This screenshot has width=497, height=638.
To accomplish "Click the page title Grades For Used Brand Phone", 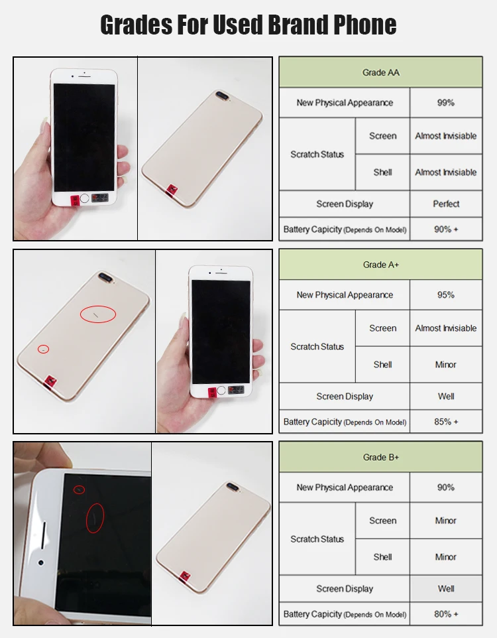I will click(x=248, y=25).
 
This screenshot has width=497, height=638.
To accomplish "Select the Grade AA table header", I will click(x=380, y=72).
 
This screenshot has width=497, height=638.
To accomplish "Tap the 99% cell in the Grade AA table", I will click(x=446, y=103).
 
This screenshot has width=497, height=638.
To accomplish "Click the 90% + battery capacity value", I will click(x=446, y=229).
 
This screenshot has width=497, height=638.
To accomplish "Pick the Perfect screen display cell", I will click(x=446, y=204).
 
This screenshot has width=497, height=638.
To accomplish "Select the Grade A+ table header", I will click(x=380, y=265).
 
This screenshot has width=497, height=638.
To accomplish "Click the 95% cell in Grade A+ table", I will click(x=446, y=295).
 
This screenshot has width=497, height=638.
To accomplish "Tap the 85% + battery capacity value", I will click(x=446, y=422).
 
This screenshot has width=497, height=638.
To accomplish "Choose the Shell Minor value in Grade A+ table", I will click(x=446, y=365).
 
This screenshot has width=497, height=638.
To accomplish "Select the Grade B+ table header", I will click(x=380, y=457).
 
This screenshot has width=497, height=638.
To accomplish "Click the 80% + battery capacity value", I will click(x=446, y=614).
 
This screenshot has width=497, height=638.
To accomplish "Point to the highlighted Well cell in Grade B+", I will click(x=446, y=589).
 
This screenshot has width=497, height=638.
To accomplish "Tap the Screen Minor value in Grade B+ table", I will click(x=446, y=521).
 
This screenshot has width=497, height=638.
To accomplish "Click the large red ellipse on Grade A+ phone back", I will click(x=97, y=314).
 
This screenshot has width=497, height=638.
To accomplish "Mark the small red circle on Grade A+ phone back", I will click(x=43, y=349).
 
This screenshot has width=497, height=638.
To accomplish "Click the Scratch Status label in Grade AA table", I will click(x=317, y=155).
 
